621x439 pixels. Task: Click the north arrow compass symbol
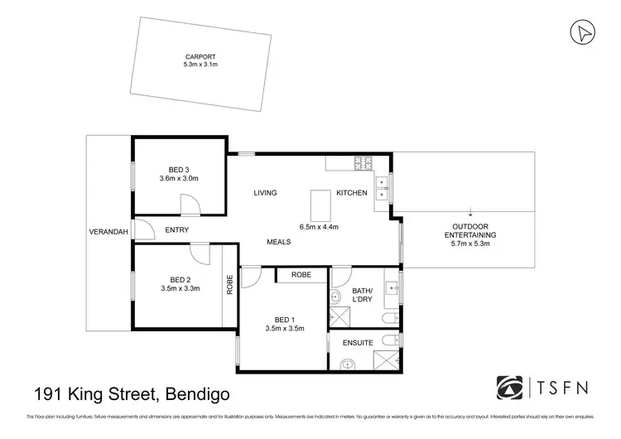[x=584, y=32]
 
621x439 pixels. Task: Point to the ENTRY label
[x=177, y=230]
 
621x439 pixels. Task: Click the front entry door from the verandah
[x=142, y=231]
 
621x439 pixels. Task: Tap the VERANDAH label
[x=108, y=232]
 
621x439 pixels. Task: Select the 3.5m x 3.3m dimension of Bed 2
[x=180, y=288]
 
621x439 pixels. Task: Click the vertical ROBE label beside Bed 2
[x=229, y=285]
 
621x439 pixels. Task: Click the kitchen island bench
[x=319, y=204]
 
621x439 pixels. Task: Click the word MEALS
[x=278, y=242]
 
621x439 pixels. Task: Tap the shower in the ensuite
[x=387, y=359]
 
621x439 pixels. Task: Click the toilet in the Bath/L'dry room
[x=390, y=318]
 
